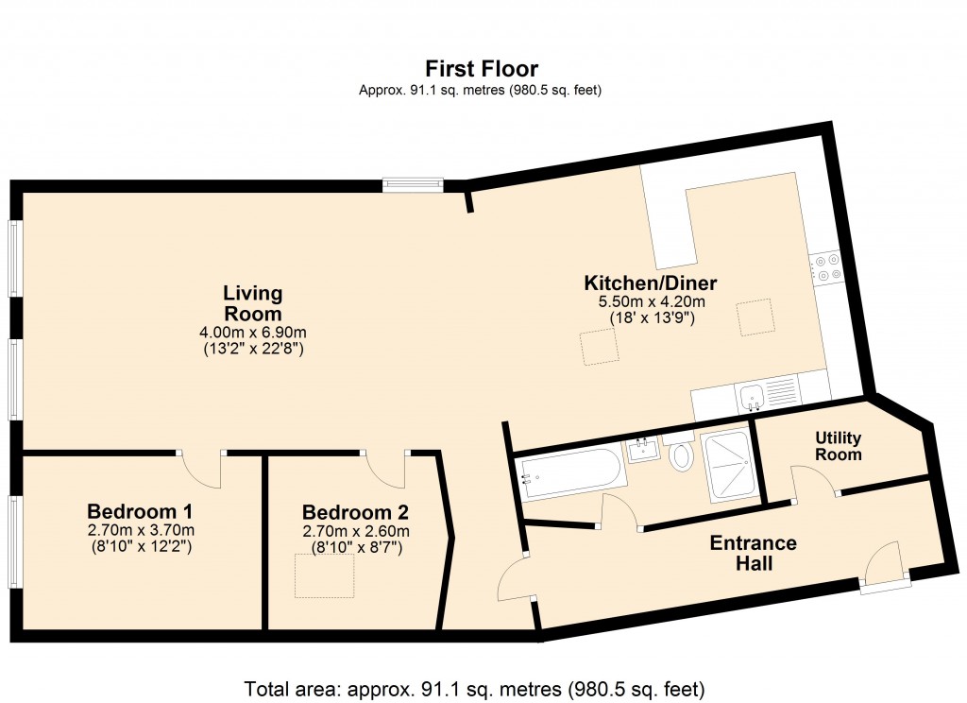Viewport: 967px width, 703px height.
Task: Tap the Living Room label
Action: (252, 303)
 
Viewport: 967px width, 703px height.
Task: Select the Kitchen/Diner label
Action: (651, 283)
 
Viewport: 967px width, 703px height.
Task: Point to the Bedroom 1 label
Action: (140, 512)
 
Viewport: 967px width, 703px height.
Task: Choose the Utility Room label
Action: (839, 446)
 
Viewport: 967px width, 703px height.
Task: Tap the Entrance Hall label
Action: (753, 554)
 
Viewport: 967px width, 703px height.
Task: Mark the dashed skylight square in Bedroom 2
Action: (325, 576)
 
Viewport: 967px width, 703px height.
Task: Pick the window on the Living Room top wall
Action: (413, 185)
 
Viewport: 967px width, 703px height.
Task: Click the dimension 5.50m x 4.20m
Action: (651, 301)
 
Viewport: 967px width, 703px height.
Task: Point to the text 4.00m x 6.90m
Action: (252, 333)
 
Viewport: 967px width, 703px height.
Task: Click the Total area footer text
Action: (475, 688)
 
